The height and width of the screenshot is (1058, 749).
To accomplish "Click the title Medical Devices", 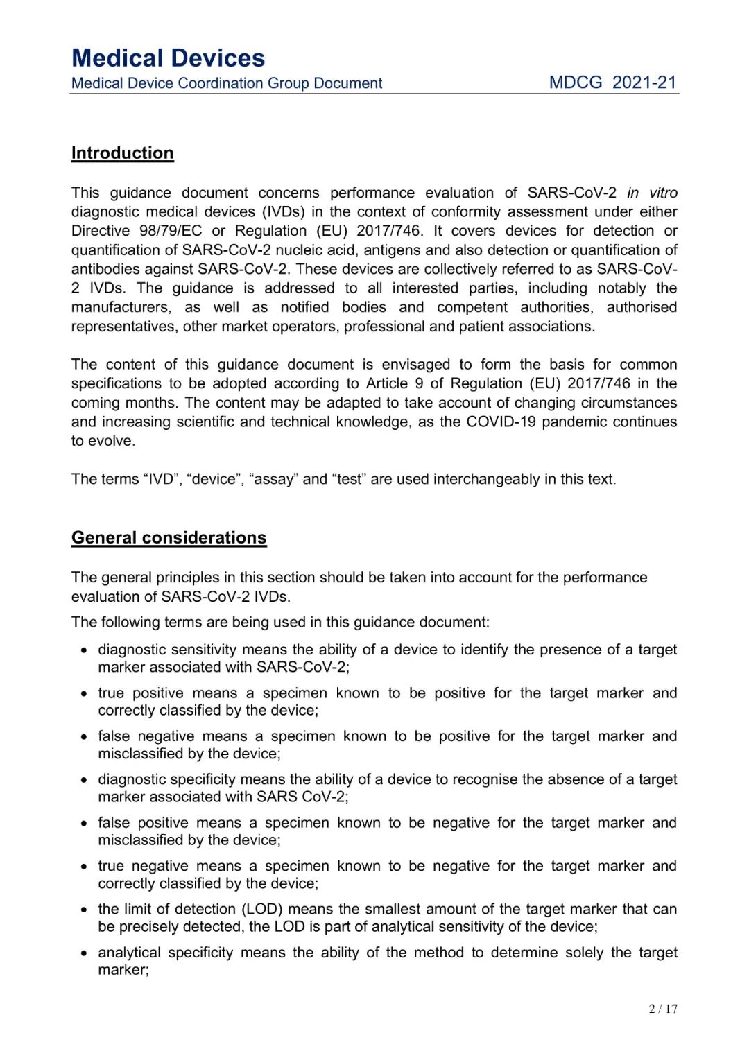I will pos(168,58).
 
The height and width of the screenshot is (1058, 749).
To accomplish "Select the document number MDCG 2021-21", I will pos(612,83).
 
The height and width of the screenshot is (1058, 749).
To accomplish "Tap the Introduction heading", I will pos(122,153).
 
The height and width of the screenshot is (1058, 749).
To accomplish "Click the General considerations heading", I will pos(169,538).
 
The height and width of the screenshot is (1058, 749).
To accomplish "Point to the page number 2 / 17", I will pos(663,1009).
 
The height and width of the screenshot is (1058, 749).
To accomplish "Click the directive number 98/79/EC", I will pos(171,231).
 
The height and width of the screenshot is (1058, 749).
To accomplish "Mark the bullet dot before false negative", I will pos(84,737).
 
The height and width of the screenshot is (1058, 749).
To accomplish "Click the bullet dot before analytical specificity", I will pos(84,953).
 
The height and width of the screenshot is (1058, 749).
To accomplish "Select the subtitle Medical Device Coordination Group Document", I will pos(227,83).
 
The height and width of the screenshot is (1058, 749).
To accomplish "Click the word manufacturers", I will pos(120,307).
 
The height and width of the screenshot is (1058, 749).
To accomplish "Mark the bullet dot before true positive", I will pos(84,694).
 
